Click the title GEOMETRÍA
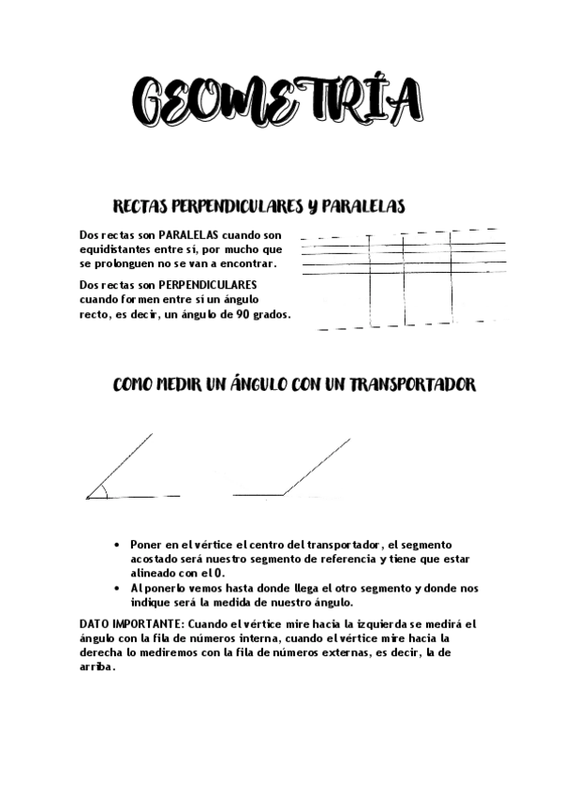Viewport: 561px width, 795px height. click(x=275, y=100)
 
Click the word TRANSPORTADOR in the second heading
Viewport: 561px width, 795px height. click(x=415, y=385)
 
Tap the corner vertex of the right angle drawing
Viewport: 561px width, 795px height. click(x=284, y=494)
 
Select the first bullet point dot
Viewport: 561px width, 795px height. click(x=116, y=544)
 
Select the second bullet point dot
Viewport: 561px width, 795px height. click(x=116, y=588)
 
